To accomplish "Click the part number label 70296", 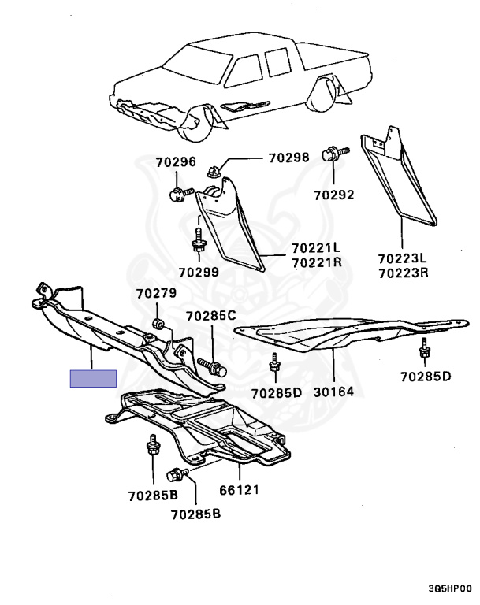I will tap(175, 163).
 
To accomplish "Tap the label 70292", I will tap(333, 194).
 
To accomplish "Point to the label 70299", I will tap(199, 272).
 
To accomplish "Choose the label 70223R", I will tap(402, 273).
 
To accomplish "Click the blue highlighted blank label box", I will tap(93, 378).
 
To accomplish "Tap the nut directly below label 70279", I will tap(158, 323).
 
